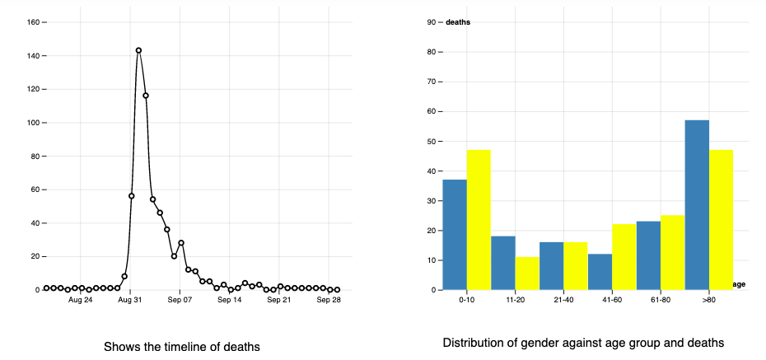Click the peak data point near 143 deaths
[x=138, y=50]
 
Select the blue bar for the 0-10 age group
[x=455, y=235]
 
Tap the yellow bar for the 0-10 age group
[x=479, y=220]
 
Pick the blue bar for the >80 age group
[x=697, y=205]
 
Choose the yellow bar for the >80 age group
[x=721, y=220]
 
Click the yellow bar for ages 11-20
[x=527, y=274]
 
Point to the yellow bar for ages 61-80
[x=673, y=253]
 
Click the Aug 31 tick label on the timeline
[x=131, y=302]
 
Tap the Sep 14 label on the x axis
[x=230, y=302]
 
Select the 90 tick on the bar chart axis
[x=432, y=22]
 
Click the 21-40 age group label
[x=563, y=302]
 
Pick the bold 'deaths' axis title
[x=458, y=22]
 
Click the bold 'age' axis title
[x=739, y=284]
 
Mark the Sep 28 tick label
[x=329, y=302]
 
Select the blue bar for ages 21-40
[x=551, y=266]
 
